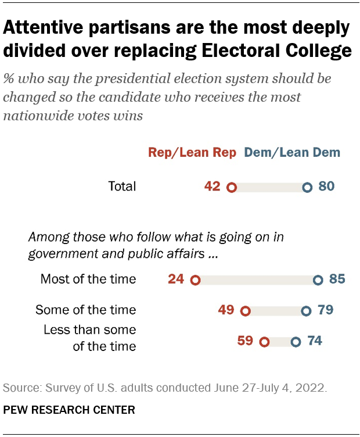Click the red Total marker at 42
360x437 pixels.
231,188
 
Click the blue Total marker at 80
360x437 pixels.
307,188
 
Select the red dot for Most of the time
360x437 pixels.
195,281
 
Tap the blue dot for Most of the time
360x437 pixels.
318,281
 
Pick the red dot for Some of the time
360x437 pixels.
245,311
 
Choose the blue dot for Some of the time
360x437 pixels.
306,311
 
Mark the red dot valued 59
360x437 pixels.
265,342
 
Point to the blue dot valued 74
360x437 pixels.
296,342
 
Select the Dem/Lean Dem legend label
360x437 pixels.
292,153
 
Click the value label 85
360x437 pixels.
337,280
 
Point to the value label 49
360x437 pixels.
226,310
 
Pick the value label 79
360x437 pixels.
325,310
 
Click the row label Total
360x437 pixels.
122,187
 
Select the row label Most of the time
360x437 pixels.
88,280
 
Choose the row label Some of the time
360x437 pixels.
85,310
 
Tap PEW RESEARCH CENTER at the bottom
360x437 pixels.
69,410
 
